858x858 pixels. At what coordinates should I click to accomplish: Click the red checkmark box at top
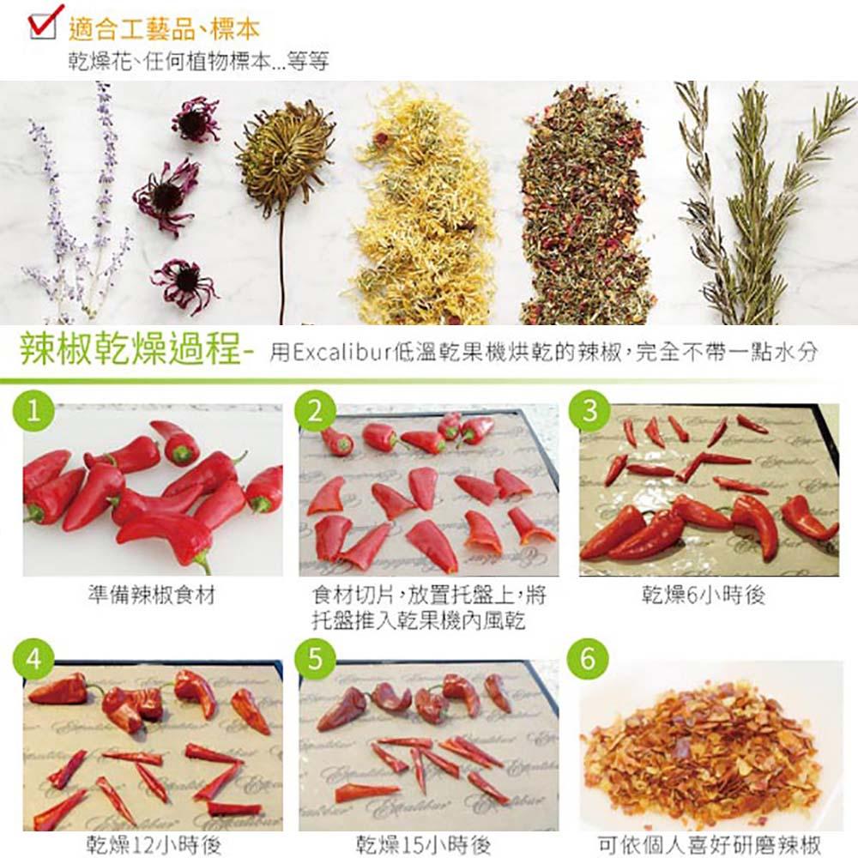click(45, 22)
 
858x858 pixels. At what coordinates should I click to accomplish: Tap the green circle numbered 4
click(33, 658)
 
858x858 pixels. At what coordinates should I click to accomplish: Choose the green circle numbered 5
click(316, 658)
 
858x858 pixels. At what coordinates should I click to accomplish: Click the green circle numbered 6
click(589, 658)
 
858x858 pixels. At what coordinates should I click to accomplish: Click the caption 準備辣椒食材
click(152, 595)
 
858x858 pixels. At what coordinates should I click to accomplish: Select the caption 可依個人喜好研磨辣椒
click(710, 844)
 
